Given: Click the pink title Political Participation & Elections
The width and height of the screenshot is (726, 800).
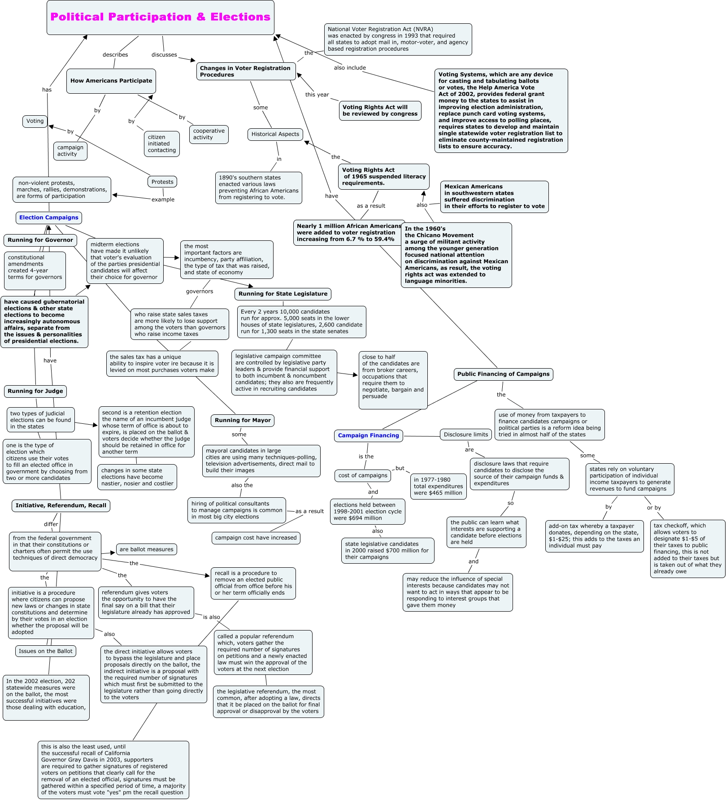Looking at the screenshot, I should click(x=160, y=17).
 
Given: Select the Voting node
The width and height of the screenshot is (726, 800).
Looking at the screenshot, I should click(x=35, y=121).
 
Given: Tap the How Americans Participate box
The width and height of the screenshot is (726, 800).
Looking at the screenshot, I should click(x=111, y=81).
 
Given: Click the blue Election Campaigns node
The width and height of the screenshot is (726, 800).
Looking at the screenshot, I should click(x=49, y=217).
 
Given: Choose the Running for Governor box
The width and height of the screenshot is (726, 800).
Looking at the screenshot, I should click(x=40, y=240).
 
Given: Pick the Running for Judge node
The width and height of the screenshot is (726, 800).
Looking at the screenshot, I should click(x=35, y=391).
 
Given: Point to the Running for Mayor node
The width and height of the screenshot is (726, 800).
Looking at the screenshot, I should click(x=243, y=420).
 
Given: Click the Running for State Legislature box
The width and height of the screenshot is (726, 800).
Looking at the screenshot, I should click(x=283, y=294).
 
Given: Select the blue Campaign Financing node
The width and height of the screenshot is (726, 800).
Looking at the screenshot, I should click(x=369, y=435).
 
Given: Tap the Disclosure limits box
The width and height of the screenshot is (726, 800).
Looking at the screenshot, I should click(x=466, y=434).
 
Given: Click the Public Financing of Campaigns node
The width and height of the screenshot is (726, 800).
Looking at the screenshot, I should click(x=504, y=374).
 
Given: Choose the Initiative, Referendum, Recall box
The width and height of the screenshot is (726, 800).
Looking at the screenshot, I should click(x=61, y=505).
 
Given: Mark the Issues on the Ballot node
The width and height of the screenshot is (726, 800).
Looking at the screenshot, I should click(x=46, y=651).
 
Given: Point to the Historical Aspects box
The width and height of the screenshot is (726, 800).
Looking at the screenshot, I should click(x=275, y=134).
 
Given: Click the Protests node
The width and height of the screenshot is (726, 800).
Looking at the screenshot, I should click(x=162, y=182).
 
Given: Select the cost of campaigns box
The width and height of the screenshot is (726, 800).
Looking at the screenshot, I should click(x=363, y=475).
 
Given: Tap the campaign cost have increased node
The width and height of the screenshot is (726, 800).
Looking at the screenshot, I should click(x=256, y=538).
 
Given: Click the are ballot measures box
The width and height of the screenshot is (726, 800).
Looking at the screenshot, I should click(x=147, y=549).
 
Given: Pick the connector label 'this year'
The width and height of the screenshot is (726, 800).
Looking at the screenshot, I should click(x=317, y=95).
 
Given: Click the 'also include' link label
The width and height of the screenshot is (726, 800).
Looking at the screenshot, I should click(x=350, y=68).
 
